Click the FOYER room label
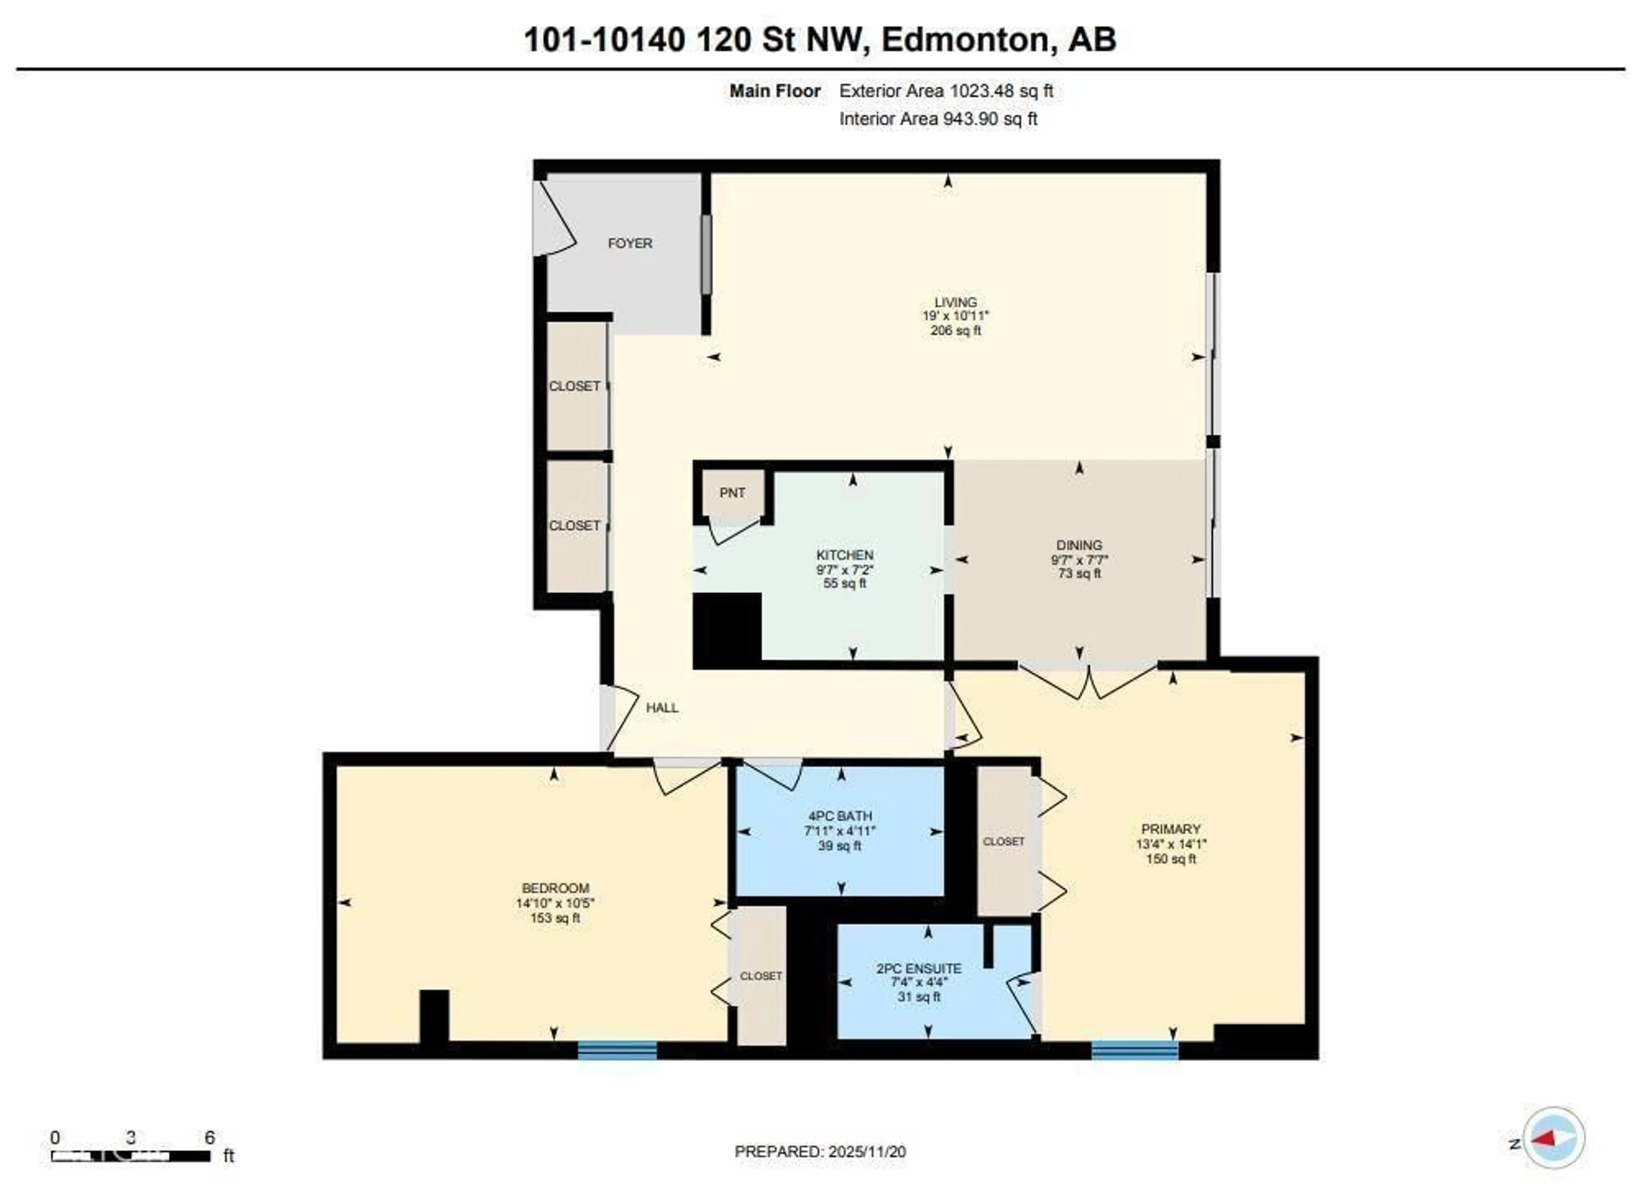point(629,243)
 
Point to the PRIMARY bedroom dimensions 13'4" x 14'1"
point(1171,844)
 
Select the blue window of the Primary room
point(1134,1050)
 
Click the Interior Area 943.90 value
point(990,119)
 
